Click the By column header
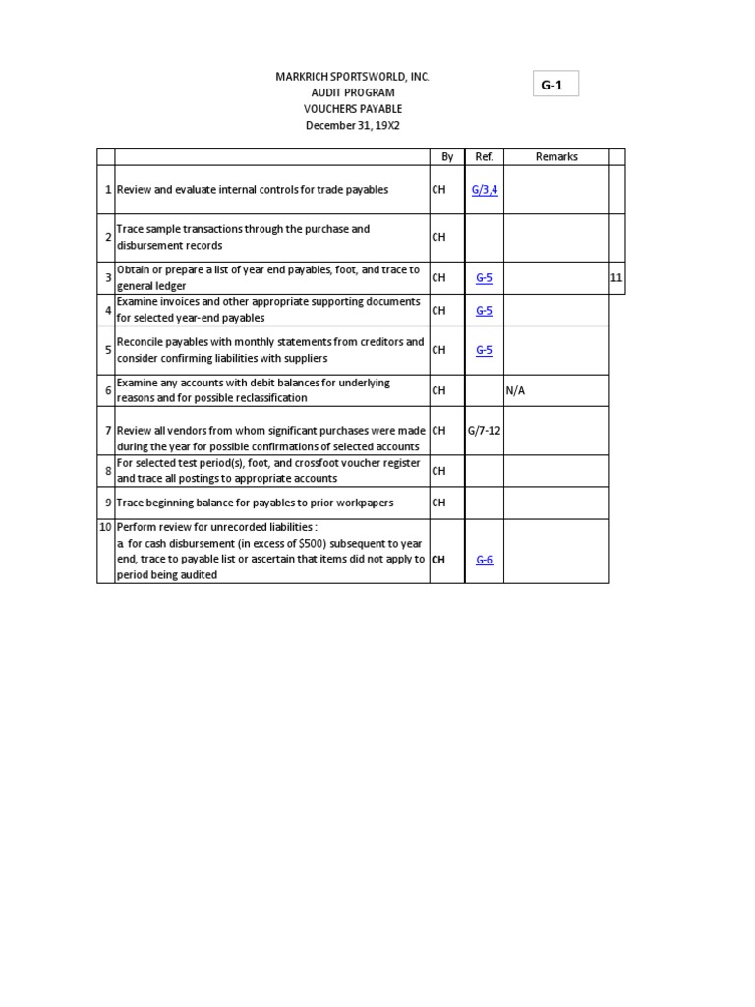click(447, 156)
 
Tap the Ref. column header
click(484, 156)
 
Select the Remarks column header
click(556, 156)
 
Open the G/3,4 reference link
click(485, 189)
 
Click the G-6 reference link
click(484, 559)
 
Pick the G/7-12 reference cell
click(484, 430)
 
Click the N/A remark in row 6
click(516, 390)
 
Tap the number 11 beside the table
click(616, 278)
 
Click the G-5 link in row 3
click(484, 278)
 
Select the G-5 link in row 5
click(484, 350)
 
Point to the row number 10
click(106, 527)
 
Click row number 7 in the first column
click(107, 430)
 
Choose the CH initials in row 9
click(438, 503)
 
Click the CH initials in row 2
click(438, 237)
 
